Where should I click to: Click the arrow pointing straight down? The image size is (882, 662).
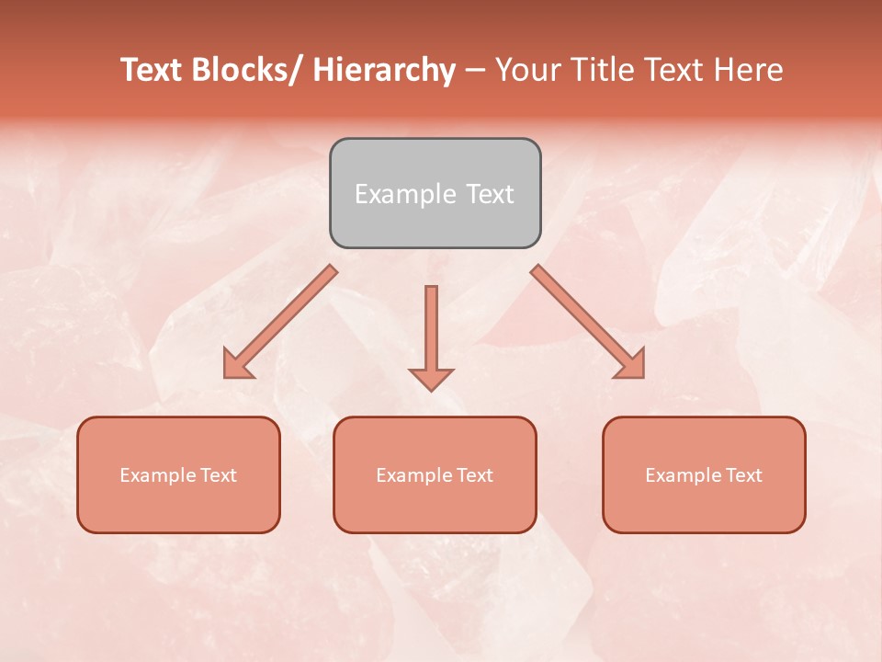click(431, 336)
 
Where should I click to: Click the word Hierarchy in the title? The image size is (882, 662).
click(383, 71)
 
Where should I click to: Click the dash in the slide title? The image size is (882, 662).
click(475, 71)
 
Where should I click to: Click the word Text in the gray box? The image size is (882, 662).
click(489, 194)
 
